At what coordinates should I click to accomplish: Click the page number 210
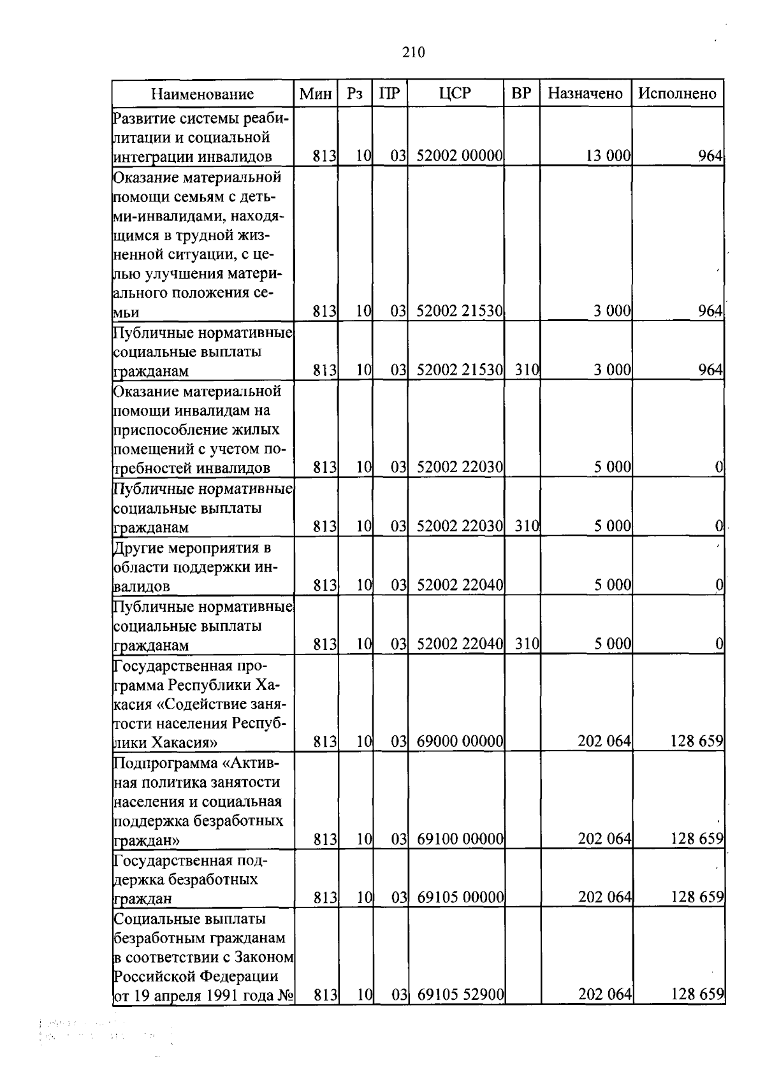click(x=414, y=52)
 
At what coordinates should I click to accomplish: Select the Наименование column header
click(x=202, y=94)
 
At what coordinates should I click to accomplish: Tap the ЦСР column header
click(x=455, y=94)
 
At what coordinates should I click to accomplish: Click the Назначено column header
click(x=585, y=94)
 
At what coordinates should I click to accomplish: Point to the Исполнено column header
click(x=678, y=94)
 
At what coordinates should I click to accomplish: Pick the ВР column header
click(x=521, y=94)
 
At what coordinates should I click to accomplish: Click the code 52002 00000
click(x=460, y=155)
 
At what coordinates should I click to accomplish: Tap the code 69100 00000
click(x=460, y=839)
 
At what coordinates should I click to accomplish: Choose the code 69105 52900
click(x=460, y=995)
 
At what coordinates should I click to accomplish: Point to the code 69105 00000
click(x=460, y=898)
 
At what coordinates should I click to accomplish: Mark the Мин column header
click(x=316, y=94)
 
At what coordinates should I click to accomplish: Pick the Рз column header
click(x=354, y=94)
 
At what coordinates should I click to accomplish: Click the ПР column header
click(x=390, y=94)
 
